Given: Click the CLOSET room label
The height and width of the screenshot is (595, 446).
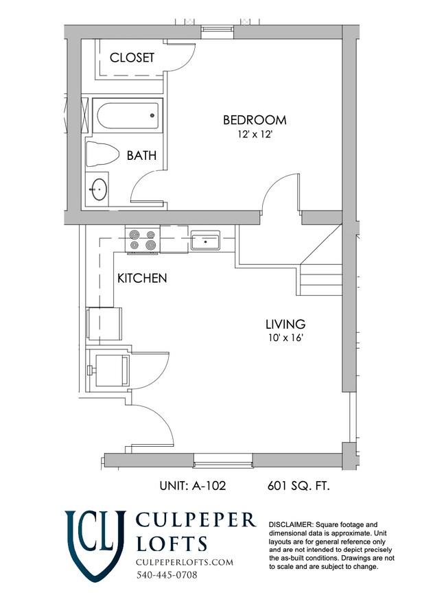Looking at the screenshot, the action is coord(132,58).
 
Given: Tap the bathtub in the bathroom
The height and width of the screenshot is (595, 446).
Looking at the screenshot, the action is coord(128,116).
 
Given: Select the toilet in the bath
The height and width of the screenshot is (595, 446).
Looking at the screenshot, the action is coord(102,154).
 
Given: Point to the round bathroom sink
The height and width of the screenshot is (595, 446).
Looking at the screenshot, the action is coord(99,189).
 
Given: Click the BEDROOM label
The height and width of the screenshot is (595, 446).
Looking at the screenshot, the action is coord(255,120).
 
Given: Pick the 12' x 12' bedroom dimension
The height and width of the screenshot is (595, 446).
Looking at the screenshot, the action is coord(255,135).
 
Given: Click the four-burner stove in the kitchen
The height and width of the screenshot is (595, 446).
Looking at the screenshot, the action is coord(143,240).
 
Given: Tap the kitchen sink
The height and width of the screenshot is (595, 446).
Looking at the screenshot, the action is coord(205,240).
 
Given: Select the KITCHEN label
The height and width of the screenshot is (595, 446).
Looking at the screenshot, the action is coord(142,278).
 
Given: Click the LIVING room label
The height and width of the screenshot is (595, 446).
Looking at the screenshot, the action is coord(285,324).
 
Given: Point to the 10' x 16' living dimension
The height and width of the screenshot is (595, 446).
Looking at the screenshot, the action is coord(285,338).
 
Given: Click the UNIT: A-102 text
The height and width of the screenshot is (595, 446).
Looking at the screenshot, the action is coord(193,486).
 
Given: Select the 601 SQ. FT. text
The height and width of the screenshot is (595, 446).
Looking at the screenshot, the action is coord(299,486).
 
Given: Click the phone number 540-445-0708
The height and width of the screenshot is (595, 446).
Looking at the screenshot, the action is coord(167,575).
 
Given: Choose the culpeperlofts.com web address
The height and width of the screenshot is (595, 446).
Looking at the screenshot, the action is coord(185,562).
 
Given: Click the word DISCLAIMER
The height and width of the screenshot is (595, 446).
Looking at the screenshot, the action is coord(290,525).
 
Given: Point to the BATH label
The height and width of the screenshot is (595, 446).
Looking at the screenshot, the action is coord(141,156).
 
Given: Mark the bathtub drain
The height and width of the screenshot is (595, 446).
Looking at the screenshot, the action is coord(152,115).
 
